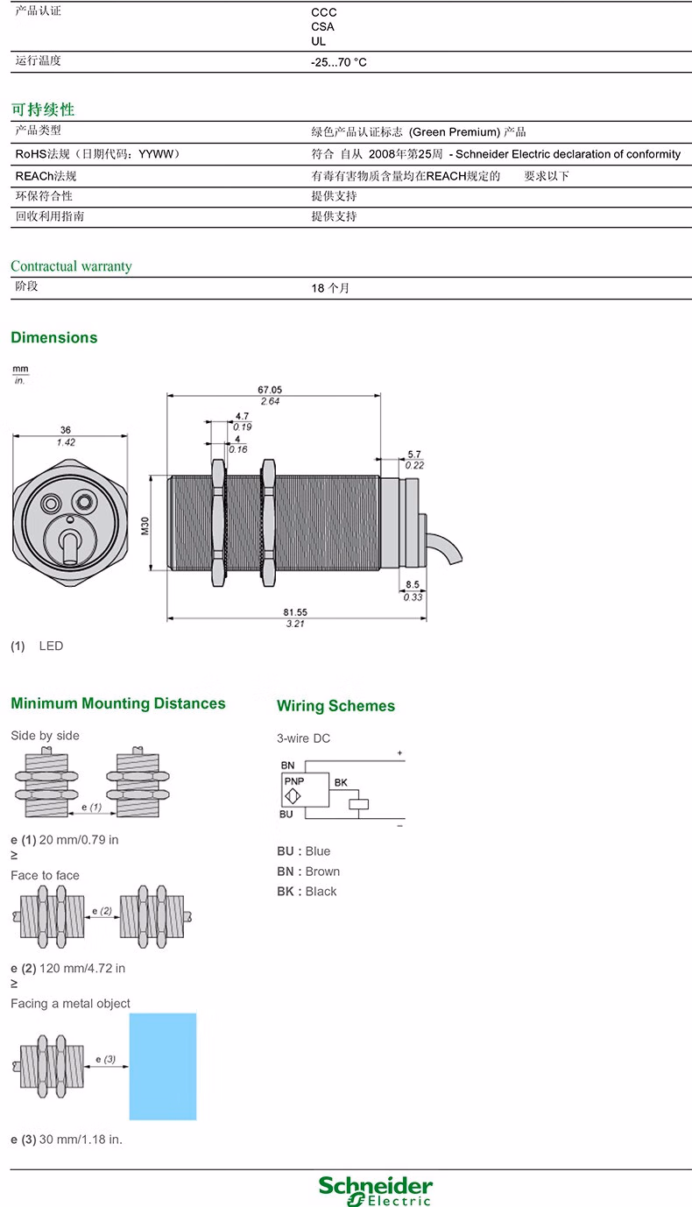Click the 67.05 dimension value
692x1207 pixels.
[270, 390]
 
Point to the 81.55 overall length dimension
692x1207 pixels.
[295, 612]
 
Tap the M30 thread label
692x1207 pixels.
[145, 526]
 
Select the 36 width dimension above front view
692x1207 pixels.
[65, 430]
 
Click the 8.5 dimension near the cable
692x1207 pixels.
[413, 584]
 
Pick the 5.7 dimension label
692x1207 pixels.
[414, 455]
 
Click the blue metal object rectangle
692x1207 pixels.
[163, 1066]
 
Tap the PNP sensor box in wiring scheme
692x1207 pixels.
[305, 790]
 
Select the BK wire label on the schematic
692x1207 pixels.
[341, 782]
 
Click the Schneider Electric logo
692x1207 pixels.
[375, 1189]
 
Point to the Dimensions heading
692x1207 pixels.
[54, 338]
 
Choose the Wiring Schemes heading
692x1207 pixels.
[335, 706]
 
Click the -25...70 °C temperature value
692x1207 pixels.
[338, 62]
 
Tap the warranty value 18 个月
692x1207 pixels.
[330, 288]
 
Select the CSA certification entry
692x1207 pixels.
[322, 27]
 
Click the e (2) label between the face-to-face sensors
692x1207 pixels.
[102, 911]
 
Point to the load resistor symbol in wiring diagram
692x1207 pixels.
[359, 804]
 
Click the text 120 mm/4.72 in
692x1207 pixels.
[82, 968]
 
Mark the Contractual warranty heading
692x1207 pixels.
[71, 266]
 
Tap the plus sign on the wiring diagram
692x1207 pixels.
[400, 752]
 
